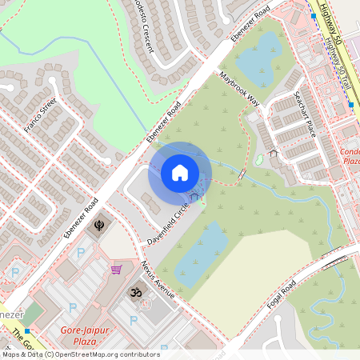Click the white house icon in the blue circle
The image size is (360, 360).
point(180,172)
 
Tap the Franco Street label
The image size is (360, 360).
point(39,117)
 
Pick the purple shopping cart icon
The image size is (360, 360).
point(117,269)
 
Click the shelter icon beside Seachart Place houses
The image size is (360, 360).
point(273,152)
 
